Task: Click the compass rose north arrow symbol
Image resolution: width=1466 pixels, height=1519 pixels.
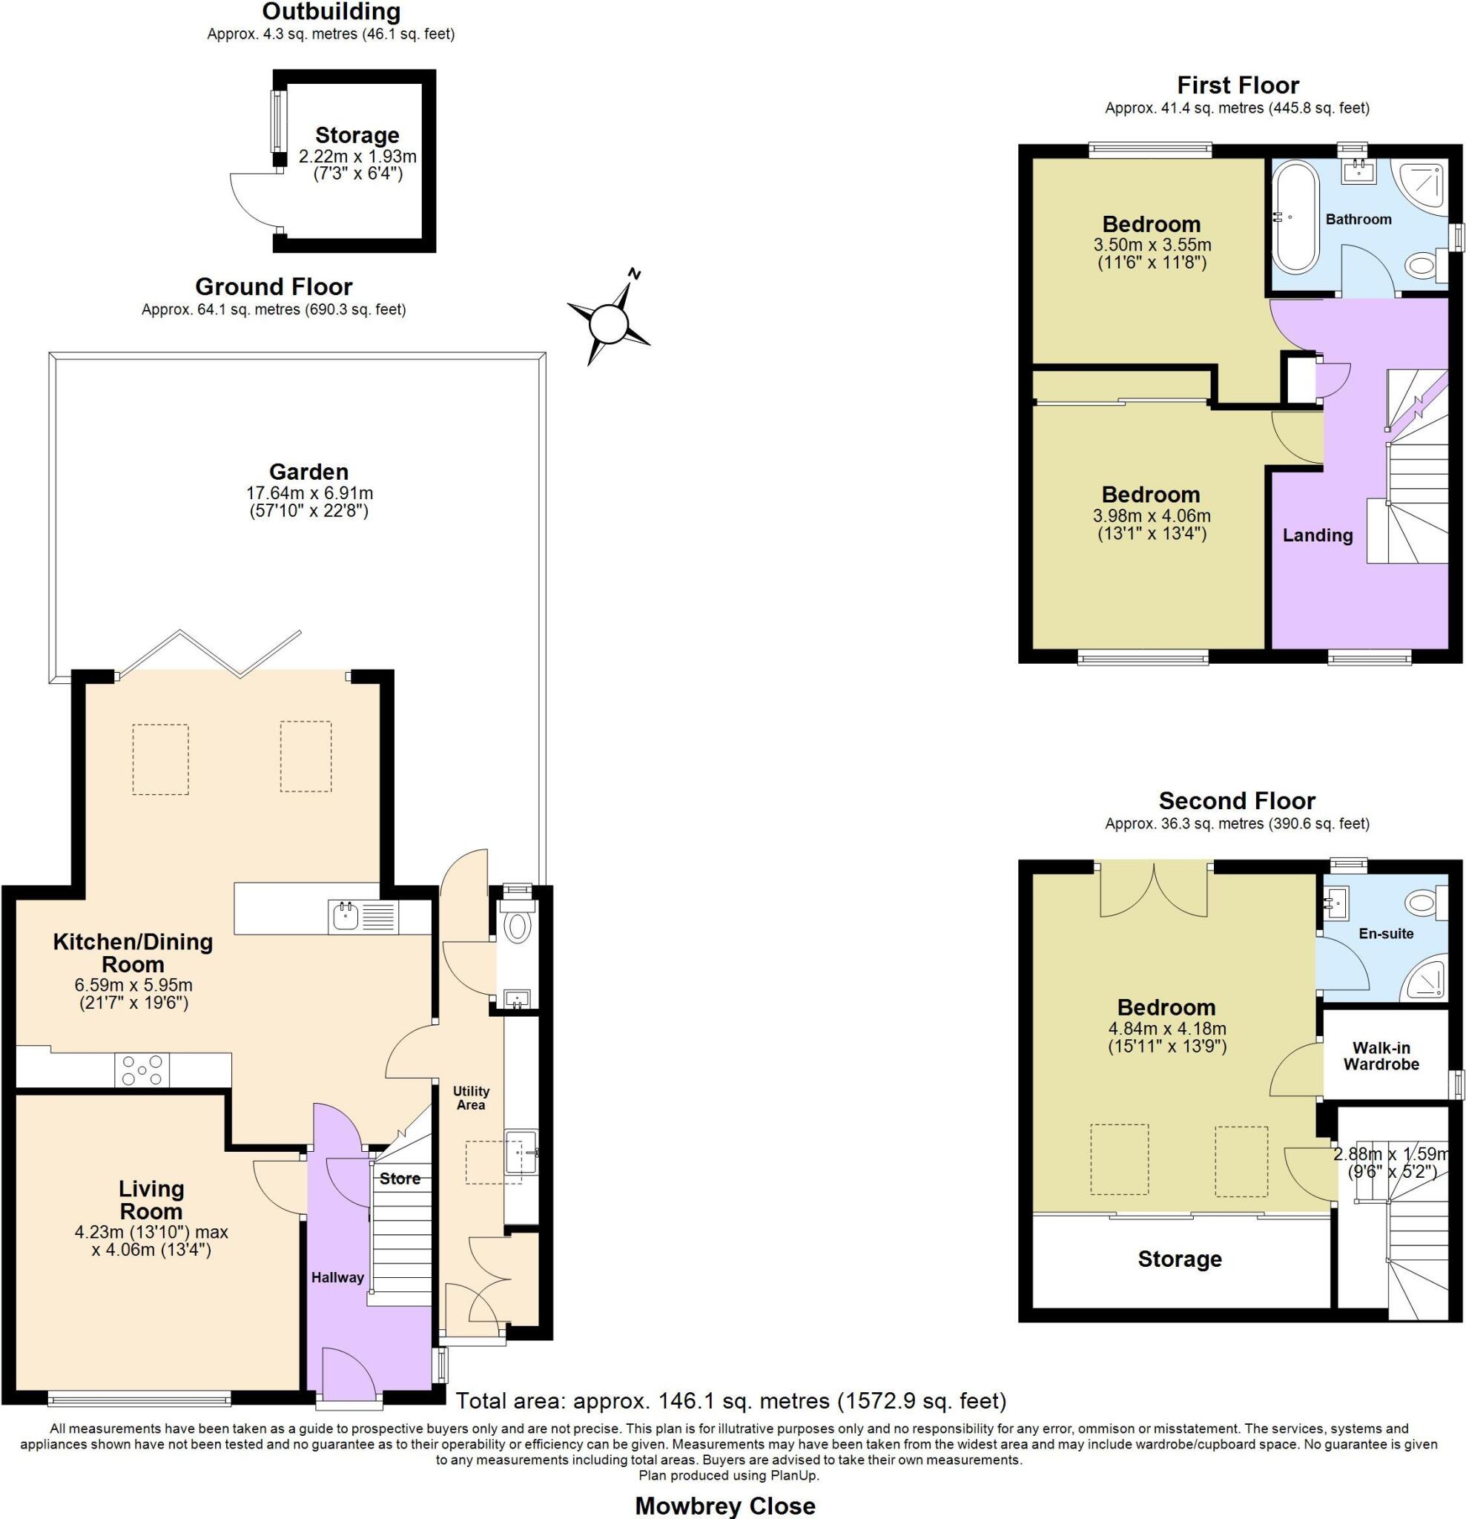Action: point(609,322)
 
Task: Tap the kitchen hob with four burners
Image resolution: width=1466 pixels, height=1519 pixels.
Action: point(142,1070)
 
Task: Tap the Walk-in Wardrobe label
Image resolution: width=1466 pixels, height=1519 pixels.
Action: point(1381,1056)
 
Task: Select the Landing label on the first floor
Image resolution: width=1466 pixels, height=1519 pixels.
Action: point(1317,535)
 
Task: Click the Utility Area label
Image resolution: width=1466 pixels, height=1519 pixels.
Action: point(470,1098)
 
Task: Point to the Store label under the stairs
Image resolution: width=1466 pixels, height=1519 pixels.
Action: point(400,1179)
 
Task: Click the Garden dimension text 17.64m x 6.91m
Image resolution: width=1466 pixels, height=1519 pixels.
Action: point(309,493)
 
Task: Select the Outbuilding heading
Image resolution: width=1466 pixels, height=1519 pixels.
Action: point(331,12)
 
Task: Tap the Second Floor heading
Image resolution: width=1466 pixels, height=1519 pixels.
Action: point(1237,800)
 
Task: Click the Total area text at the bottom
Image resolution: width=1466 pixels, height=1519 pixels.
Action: point(730,1400)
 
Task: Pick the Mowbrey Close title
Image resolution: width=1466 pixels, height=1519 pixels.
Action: point(725,1505)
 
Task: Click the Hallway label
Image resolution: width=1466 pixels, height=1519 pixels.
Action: point(337,1277)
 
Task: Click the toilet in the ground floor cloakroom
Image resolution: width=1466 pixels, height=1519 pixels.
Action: point(516,926)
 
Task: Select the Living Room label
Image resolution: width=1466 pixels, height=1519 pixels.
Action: point(151,1200)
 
